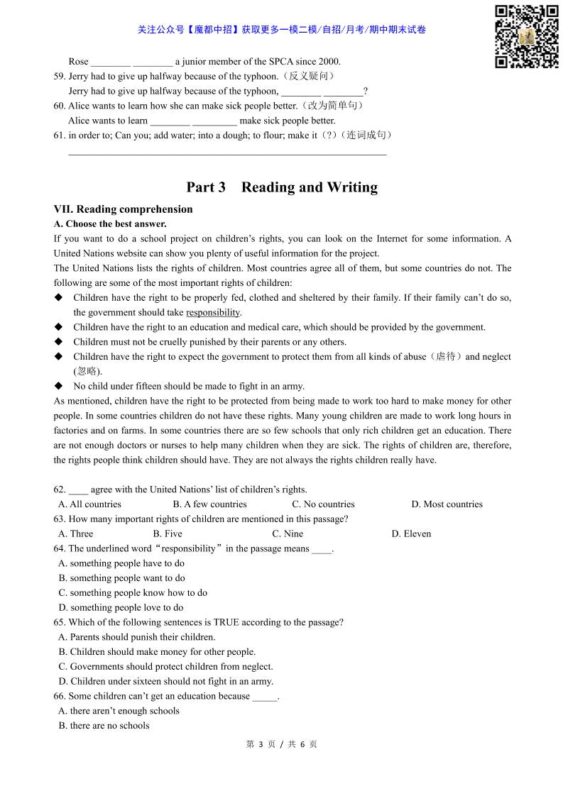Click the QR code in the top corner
click(x=526, y=36)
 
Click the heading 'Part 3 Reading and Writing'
click(x=282, y=187)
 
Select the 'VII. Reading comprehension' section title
click(x=123, y=209)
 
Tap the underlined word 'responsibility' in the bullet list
click(x=213, y=312)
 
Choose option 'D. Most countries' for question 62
click(x=447, y=504)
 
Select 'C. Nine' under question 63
click(x=288, y=534)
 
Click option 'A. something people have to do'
click(x=121, y=563)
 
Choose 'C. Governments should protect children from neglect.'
click(x=165, y=667)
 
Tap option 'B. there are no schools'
click(x=104, y=726)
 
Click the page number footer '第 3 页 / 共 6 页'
click(x=281, y=744)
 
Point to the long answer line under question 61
click(x=227, y=154)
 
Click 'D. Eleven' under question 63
click(x=411, y=534)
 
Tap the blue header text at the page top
click(x=282, y=30)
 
